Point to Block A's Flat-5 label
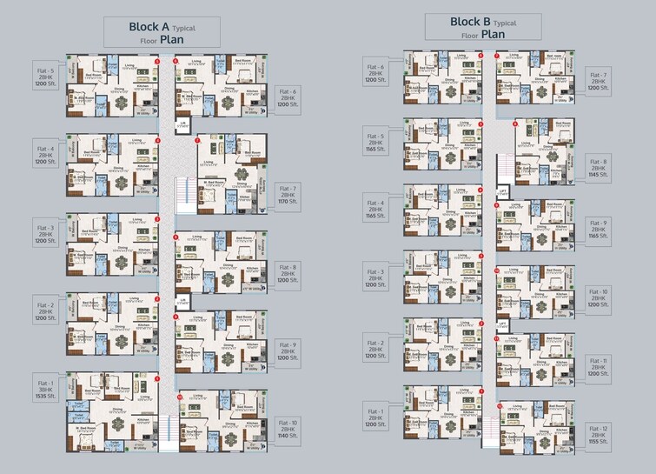coord(45,77)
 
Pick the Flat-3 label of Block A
coord(45,233)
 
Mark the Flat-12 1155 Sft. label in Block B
coord(599,435)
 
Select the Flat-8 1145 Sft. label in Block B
coord(599,168)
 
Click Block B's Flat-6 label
coord(375,73)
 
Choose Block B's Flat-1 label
coord(375,417)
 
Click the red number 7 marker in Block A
coord(198,139)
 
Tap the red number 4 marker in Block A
coord(157,139)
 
